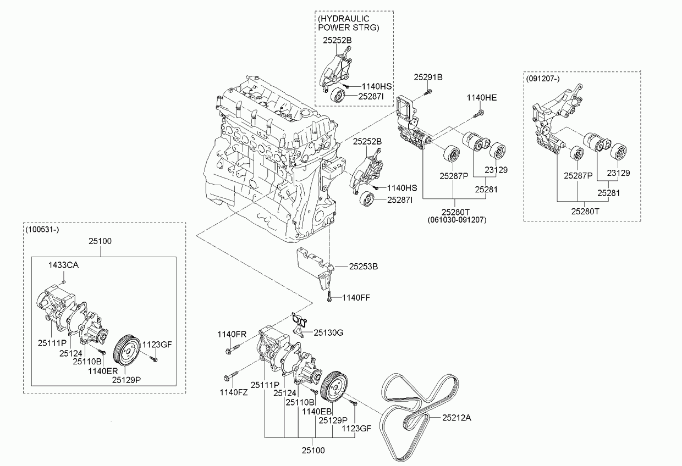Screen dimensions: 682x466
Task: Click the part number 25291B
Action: coord(428,77)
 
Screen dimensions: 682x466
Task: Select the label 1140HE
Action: coord(482,98)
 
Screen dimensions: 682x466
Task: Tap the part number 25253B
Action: coord(363,267)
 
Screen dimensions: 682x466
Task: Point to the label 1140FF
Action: coord(356,297)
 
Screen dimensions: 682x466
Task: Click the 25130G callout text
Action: coord(328,333)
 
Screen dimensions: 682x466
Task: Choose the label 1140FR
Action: coord(232,334)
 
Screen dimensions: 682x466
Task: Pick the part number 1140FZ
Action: coord(234,392)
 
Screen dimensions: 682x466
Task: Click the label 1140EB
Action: coord(317,411)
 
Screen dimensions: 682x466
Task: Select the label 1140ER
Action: coord(103,371)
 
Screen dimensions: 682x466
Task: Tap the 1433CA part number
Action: coord(63,265)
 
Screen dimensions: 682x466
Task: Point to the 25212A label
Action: coord(457,418)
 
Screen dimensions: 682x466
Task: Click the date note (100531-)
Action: coord(42,230)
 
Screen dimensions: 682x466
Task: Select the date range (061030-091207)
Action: coord(457,220)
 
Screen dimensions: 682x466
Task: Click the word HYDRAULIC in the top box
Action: coord(344,19)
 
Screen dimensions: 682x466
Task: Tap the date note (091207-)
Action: coord(543,79)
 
